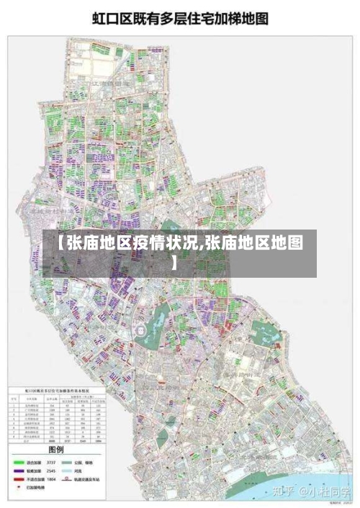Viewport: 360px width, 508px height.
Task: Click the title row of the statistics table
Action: pyautogui.click(x=58, y=391)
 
